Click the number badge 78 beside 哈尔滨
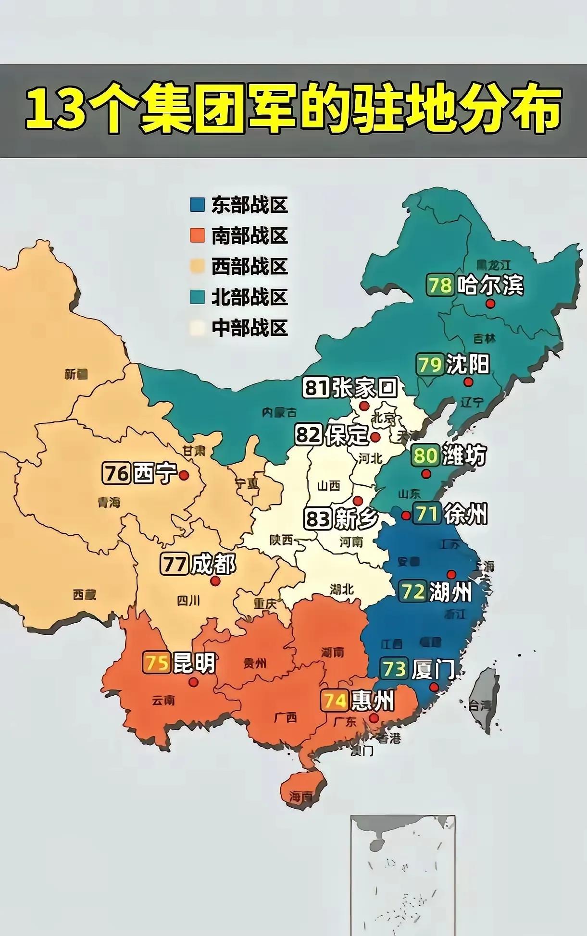click(440, 285)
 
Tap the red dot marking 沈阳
click(468, 382)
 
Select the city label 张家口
click(365, 387)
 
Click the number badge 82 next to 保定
click(309, 435)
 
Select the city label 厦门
click(433, 669)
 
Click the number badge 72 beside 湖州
click(412, 591)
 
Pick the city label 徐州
click(465, 514)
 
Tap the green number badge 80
click(425, 455)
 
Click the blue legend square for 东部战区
click(197, 205)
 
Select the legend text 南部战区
click(249, 236)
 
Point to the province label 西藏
click(85, 595)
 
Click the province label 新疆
click(76, 374)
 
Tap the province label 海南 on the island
click(301, 797)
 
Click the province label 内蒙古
click(279, 412)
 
